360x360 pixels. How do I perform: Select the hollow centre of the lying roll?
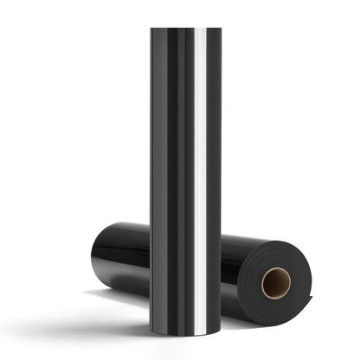click(277, 283)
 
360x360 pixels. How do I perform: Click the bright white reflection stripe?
click(200, 173)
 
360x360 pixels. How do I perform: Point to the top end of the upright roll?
click(185, 31)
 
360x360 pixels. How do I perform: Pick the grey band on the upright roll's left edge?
click(155, 173)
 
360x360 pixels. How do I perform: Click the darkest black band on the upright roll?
click(172, 173)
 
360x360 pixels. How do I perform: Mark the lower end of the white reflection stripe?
click(200, 329)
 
